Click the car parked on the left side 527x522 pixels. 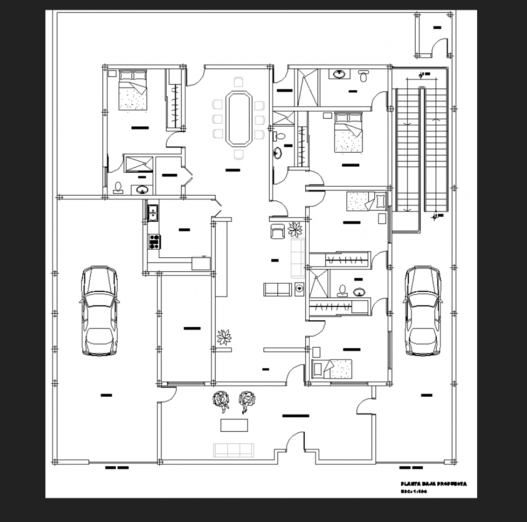(99, 310)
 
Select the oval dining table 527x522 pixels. (238, 118)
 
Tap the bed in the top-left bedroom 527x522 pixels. (133, 90)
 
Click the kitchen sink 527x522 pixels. (153, 213)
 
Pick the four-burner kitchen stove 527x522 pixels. (154, 242)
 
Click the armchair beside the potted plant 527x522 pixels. (277, 231)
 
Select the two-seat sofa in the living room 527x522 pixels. (277, 289)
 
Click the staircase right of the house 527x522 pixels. (421, 148)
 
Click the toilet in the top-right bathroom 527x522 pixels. (363, 76)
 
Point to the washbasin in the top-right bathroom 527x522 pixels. (339, 74)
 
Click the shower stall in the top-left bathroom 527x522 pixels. (138, 164)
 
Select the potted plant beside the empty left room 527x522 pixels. (224, 337)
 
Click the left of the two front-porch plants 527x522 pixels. (220, 401)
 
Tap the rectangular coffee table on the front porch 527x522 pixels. (234, 425)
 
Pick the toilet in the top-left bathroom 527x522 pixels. (118, 188)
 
